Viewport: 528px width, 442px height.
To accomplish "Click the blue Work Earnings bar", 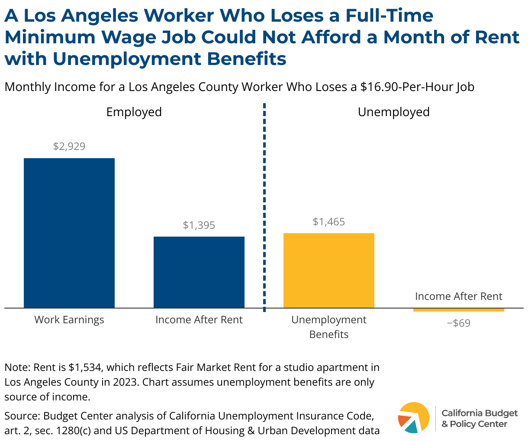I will pyautogui.click(x=69, y=233).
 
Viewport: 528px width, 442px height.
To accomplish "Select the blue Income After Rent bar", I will pyautogui.click(x=199, y=272).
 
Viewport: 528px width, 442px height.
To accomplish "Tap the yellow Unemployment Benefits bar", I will pyautogui.click(x=329, y=270).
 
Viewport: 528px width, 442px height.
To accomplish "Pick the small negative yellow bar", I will pyautogui.click(x=459, y=310).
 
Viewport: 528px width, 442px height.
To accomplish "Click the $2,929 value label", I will pyautogui.click(x=69, y=146).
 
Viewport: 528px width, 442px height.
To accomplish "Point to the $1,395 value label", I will pyautogui.click(x=199, y=225).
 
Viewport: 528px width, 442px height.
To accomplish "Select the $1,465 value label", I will pyautogui.click(x=329, y=222).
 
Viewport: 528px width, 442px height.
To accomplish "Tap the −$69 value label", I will pyautogui.click(x=459, y=323).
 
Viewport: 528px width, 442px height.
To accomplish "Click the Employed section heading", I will pyautogui.click(x=134, y=112).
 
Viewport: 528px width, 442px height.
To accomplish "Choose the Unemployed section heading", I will pyautogui.click(x=393, y=112).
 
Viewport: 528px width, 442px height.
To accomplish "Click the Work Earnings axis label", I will pyautogui.click(x=69, y=320).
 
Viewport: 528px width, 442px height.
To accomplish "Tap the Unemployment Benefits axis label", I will pyautogui.click(x=329, y=327).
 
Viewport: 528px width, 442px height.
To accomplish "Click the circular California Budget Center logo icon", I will pyautogui.click(x=413, y=418).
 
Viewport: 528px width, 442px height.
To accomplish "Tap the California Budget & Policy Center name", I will pyautogui.click(x=479, y=418).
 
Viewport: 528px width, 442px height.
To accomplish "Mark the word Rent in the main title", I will pyautogui.click(x=498, y=37).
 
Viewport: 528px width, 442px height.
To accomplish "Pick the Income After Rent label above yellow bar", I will pyautogui.click(x=459, y=296).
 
